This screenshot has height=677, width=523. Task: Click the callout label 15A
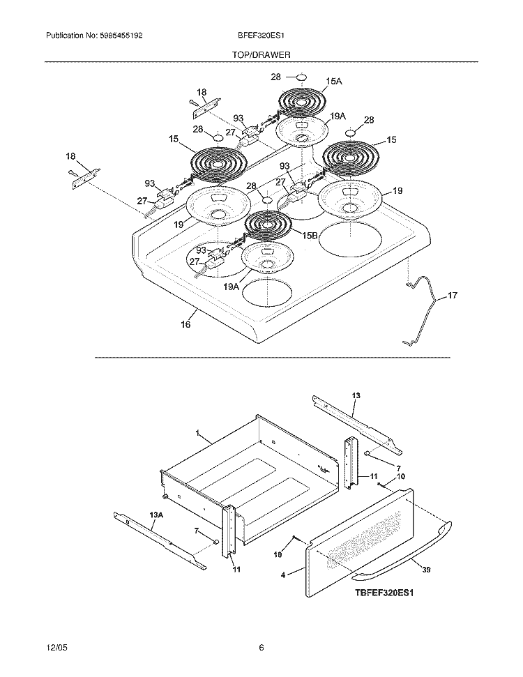334,81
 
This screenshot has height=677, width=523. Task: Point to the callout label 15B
310,236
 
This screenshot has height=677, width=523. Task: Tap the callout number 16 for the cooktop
185,324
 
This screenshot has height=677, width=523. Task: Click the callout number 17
452,296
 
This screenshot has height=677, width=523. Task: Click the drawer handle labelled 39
402,554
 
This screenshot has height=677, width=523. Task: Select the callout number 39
426,570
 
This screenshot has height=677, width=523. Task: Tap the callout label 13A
156,515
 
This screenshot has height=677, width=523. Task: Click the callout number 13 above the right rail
356,395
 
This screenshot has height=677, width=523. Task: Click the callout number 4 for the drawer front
283,575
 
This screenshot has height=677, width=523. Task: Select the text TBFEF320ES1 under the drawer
384,593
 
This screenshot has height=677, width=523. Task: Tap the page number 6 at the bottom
261,648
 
